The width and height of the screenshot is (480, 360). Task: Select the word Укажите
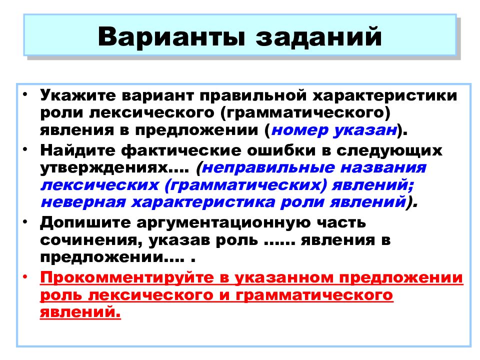coord(78,94)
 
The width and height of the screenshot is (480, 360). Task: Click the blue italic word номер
coord(297,130)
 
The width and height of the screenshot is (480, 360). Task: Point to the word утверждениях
coord(109,167)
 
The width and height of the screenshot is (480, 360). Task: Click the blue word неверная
coord(85,203)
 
